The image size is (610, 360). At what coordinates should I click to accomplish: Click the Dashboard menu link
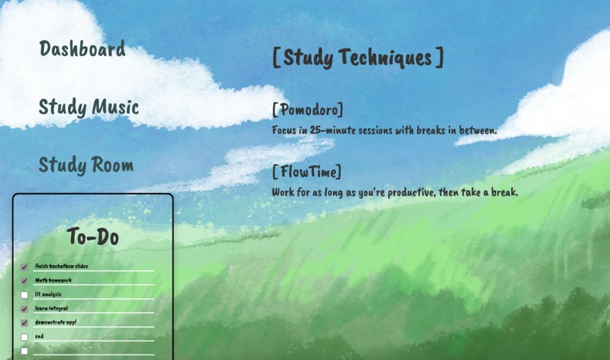[x=82, y=49]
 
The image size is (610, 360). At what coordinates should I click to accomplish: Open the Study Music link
[x=89, y=107]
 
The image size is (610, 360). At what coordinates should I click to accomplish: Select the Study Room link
[x=86, y=165]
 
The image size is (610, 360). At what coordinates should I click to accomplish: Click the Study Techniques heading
[x=357, y=57]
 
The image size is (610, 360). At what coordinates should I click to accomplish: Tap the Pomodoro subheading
[x=307, y=110]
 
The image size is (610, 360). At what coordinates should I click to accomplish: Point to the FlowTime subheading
[x=307, y=172]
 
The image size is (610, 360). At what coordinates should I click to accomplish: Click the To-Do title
[x=92, y=237]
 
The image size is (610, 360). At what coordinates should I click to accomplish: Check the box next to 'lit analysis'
[x=24, y=295]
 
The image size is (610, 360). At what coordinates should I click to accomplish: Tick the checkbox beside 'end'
[x=24, y=337]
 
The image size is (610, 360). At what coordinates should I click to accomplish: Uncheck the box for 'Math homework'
[x=24, y=281]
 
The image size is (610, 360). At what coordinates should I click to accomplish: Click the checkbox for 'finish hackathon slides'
[x=24, y=267]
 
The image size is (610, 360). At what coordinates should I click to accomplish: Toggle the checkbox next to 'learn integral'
[x=24, y=309]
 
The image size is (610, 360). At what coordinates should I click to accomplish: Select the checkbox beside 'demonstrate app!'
[x=24, y=323]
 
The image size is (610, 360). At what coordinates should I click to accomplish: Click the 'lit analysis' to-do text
[x=48, y=294]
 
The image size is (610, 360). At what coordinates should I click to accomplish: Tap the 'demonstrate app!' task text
[x=55, y=322]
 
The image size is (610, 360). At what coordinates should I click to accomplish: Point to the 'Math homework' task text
[x=53, y=281]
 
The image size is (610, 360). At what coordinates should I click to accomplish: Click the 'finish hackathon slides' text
[x=61, y=266]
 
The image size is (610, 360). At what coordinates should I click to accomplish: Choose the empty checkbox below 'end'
[x=24, y=351]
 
